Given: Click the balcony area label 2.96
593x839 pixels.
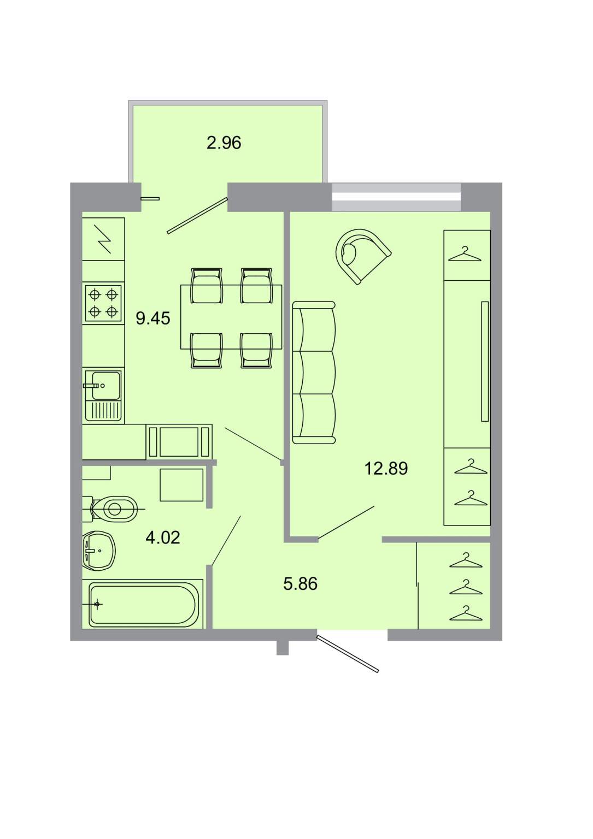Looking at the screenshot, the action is (x=224, y=143).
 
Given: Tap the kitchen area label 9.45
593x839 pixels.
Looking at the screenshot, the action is (x=153, y=318).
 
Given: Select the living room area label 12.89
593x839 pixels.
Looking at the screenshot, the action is (x=386, y=469).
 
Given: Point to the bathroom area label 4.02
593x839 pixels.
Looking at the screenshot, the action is (x=163, y=538).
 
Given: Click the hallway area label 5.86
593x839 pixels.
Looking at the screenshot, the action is (x=300, y=584).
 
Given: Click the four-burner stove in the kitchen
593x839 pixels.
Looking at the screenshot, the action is (x=103, y=303).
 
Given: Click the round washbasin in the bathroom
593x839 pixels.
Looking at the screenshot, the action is (x=98, y=551).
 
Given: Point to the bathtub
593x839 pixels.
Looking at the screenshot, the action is (x=143, y=604).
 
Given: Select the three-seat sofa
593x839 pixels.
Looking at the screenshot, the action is (x=314, y=373).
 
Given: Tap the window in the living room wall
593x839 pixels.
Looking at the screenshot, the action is (x=396, y=197).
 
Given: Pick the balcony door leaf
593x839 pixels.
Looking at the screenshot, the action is (x=197, y=216).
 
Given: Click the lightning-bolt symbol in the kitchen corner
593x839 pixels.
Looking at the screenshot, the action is (x=102, y=239).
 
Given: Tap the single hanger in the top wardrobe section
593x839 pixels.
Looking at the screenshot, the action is (x=465, y=254).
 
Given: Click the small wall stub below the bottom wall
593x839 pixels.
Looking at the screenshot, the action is (x=282, y=648).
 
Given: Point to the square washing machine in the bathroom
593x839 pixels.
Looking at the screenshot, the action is (x=181, y=485).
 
